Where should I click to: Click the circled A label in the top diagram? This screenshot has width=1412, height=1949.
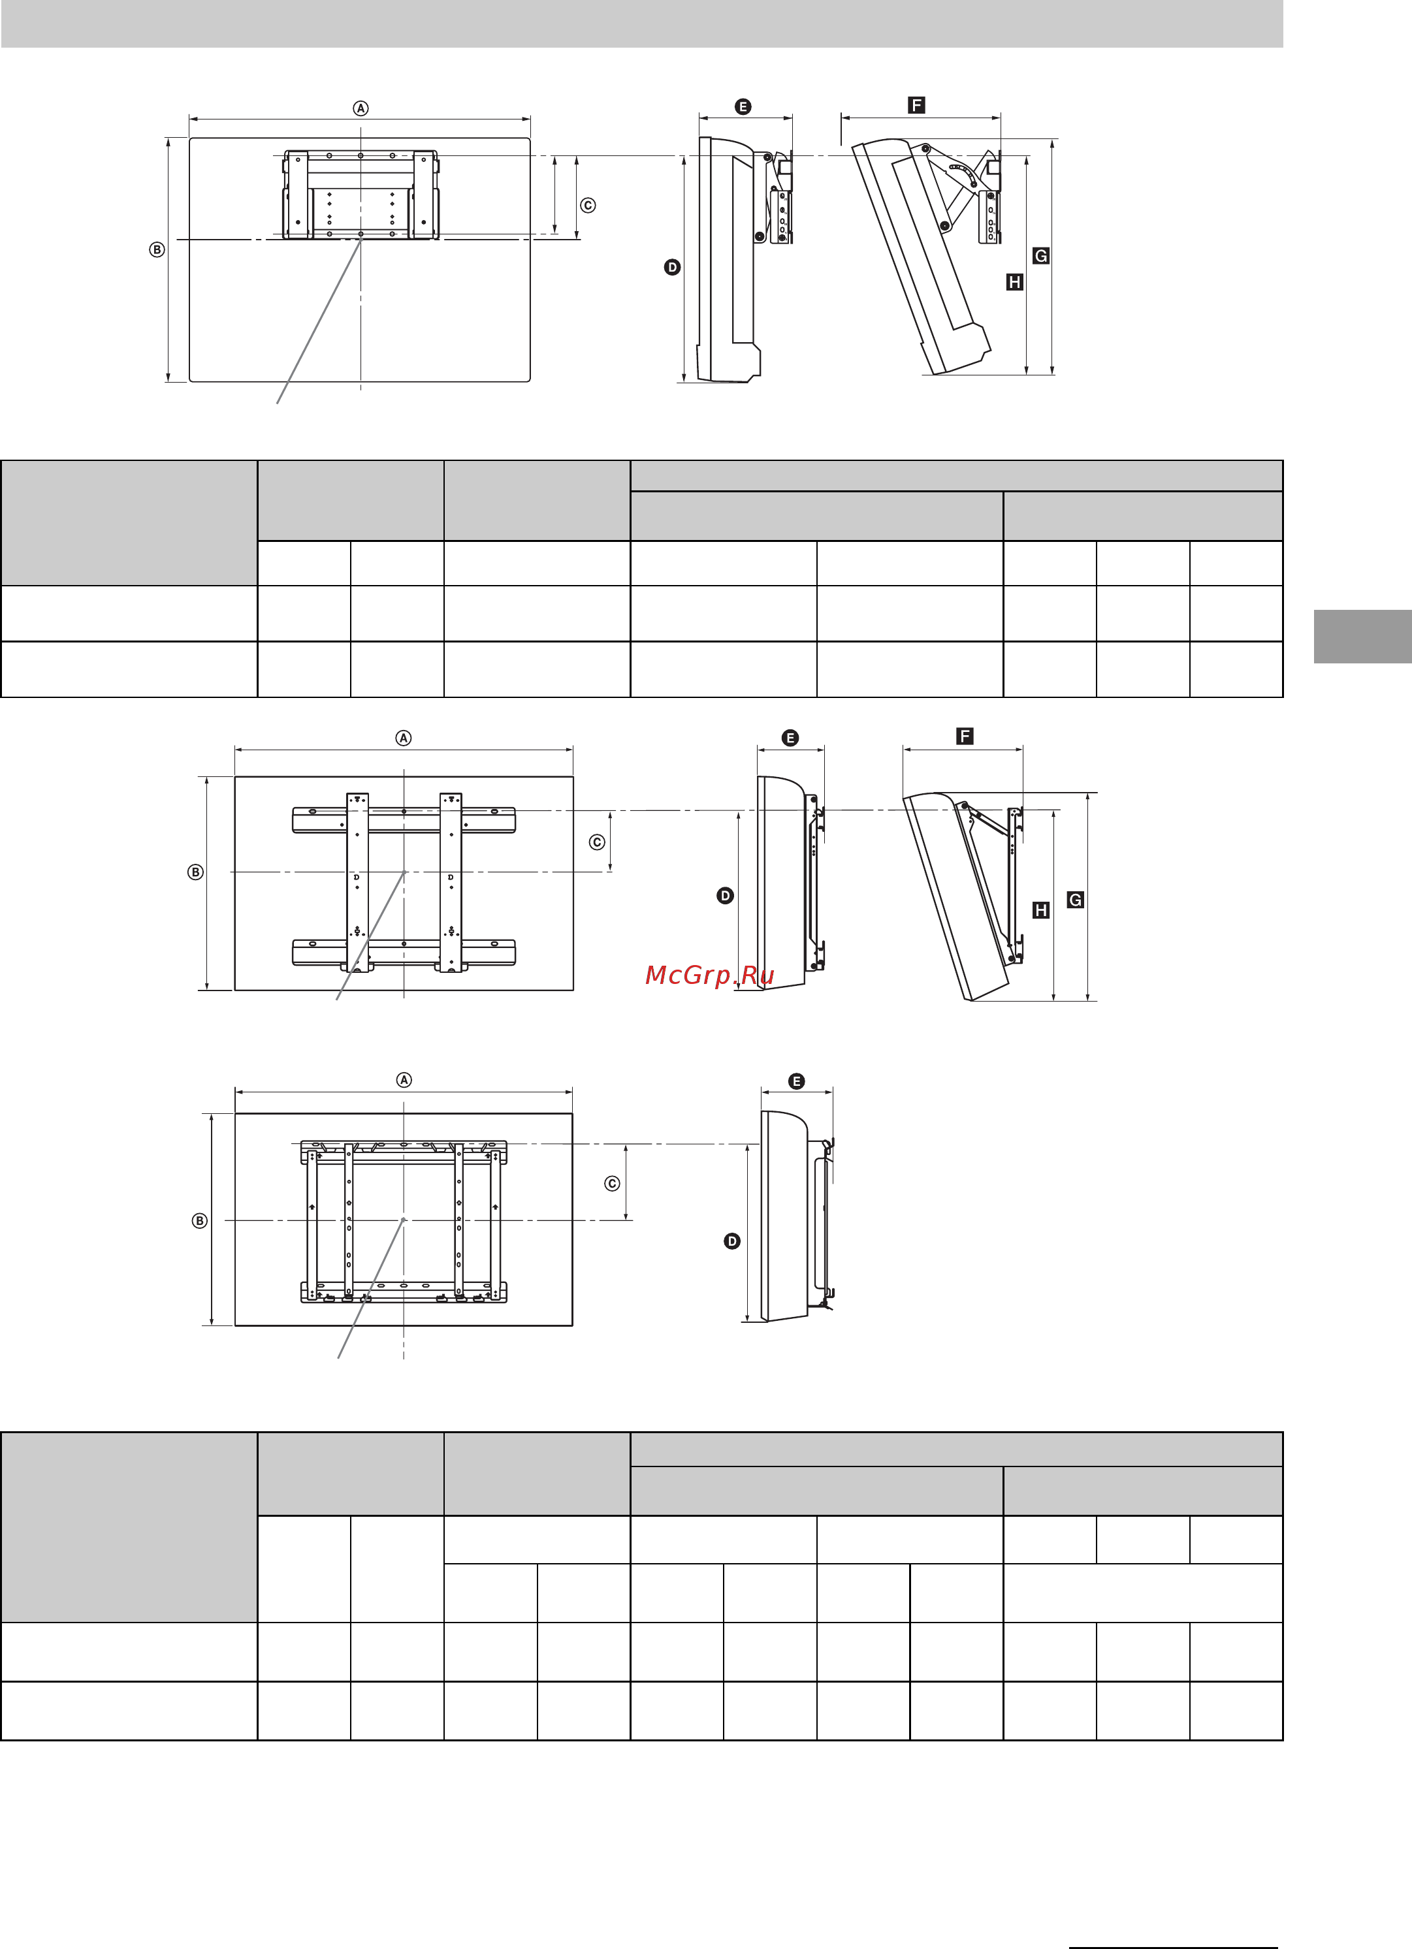tap(361, 108)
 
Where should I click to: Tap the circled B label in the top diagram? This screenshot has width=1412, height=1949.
tap(156, 250)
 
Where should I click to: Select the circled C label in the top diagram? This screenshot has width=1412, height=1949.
tap(588, 206)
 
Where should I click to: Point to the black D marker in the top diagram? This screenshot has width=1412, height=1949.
tap(672, 267)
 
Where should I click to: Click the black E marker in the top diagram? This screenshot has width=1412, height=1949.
tap(743, 106)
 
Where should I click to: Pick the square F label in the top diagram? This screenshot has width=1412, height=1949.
tap(916, 105)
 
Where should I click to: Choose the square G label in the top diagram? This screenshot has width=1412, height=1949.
tap(1041, 255)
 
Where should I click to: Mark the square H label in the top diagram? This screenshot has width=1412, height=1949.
tap(1014, 282)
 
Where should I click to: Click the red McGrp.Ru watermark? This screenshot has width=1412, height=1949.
tap(710, 975)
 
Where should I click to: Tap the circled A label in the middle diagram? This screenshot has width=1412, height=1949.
tap(404, 738)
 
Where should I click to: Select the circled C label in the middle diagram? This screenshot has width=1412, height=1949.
tap(598, 842)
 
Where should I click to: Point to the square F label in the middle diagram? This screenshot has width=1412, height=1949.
tap(965, 736)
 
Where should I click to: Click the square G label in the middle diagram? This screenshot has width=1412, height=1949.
tap(1075, 900)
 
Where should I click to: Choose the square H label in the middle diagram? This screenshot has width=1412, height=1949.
tap(1041, 910)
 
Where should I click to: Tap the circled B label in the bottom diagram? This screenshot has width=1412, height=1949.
tap(199, 1220)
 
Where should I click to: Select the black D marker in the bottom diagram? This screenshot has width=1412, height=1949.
tap(732, 1241)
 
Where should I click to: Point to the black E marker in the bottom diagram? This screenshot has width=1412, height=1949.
tap(797, 1081)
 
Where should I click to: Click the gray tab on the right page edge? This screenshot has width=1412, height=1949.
tap(1363, 637)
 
